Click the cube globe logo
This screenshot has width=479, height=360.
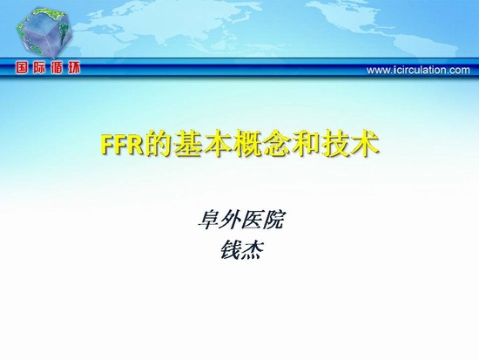point(44,32)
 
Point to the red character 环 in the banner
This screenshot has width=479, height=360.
point(74,68)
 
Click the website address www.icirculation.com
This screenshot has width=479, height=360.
point(418,70)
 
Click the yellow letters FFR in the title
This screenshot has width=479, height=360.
point(122,145)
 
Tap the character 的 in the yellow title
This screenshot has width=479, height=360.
point(159,144)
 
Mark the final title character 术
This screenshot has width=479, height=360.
point(365,144)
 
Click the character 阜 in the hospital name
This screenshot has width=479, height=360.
point(208,220)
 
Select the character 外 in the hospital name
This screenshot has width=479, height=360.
point(230,220)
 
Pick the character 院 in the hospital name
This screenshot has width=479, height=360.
point(273,220)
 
